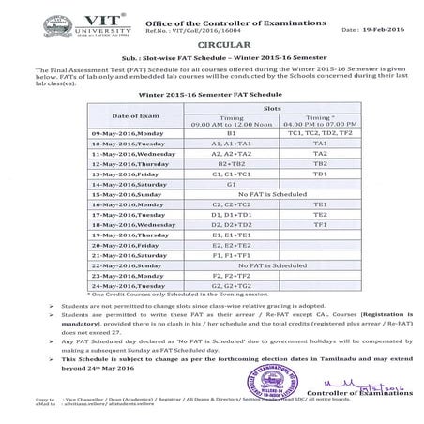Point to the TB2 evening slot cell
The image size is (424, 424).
320,162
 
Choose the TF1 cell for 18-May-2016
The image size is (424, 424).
320,225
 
